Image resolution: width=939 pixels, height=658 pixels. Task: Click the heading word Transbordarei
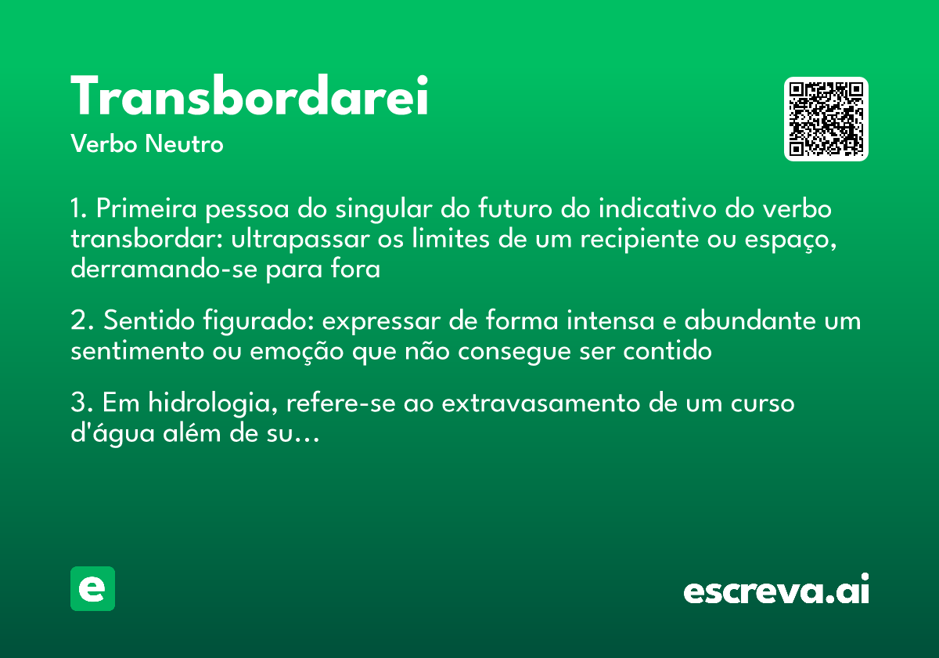pos(250,97)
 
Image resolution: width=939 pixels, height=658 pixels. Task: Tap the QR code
pos(826,119)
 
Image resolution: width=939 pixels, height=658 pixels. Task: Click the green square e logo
pos(92,588)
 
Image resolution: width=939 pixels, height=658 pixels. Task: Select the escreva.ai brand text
pos(776,591)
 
